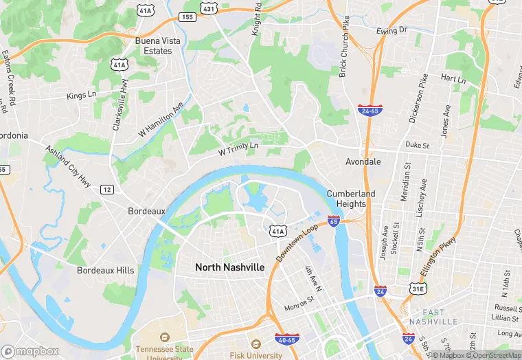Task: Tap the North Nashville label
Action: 229,267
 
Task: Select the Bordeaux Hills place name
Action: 106,271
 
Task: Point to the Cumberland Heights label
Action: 351,199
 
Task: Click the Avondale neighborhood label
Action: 362,162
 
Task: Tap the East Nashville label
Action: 433,317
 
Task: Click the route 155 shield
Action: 186,16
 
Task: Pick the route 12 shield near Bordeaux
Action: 106,189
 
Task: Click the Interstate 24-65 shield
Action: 369,109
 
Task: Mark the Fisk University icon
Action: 256,344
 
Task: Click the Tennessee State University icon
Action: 163,339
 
